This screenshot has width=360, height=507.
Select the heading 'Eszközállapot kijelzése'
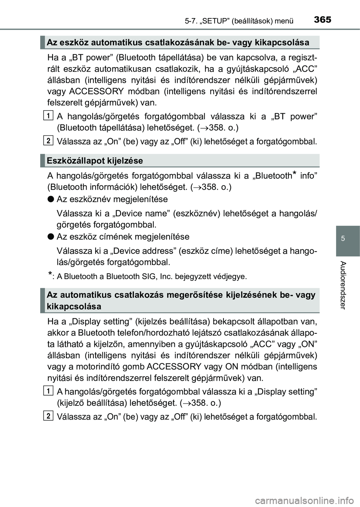(x=95, y=161)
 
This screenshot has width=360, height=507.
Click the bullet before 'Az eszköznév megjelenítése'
(x=51, y=199)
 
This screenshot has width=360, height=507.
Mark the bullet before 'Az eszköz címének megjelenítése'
(x=51, y=237)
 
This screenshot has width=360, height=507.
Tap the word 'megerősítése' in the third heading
(x=200, y=295)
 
